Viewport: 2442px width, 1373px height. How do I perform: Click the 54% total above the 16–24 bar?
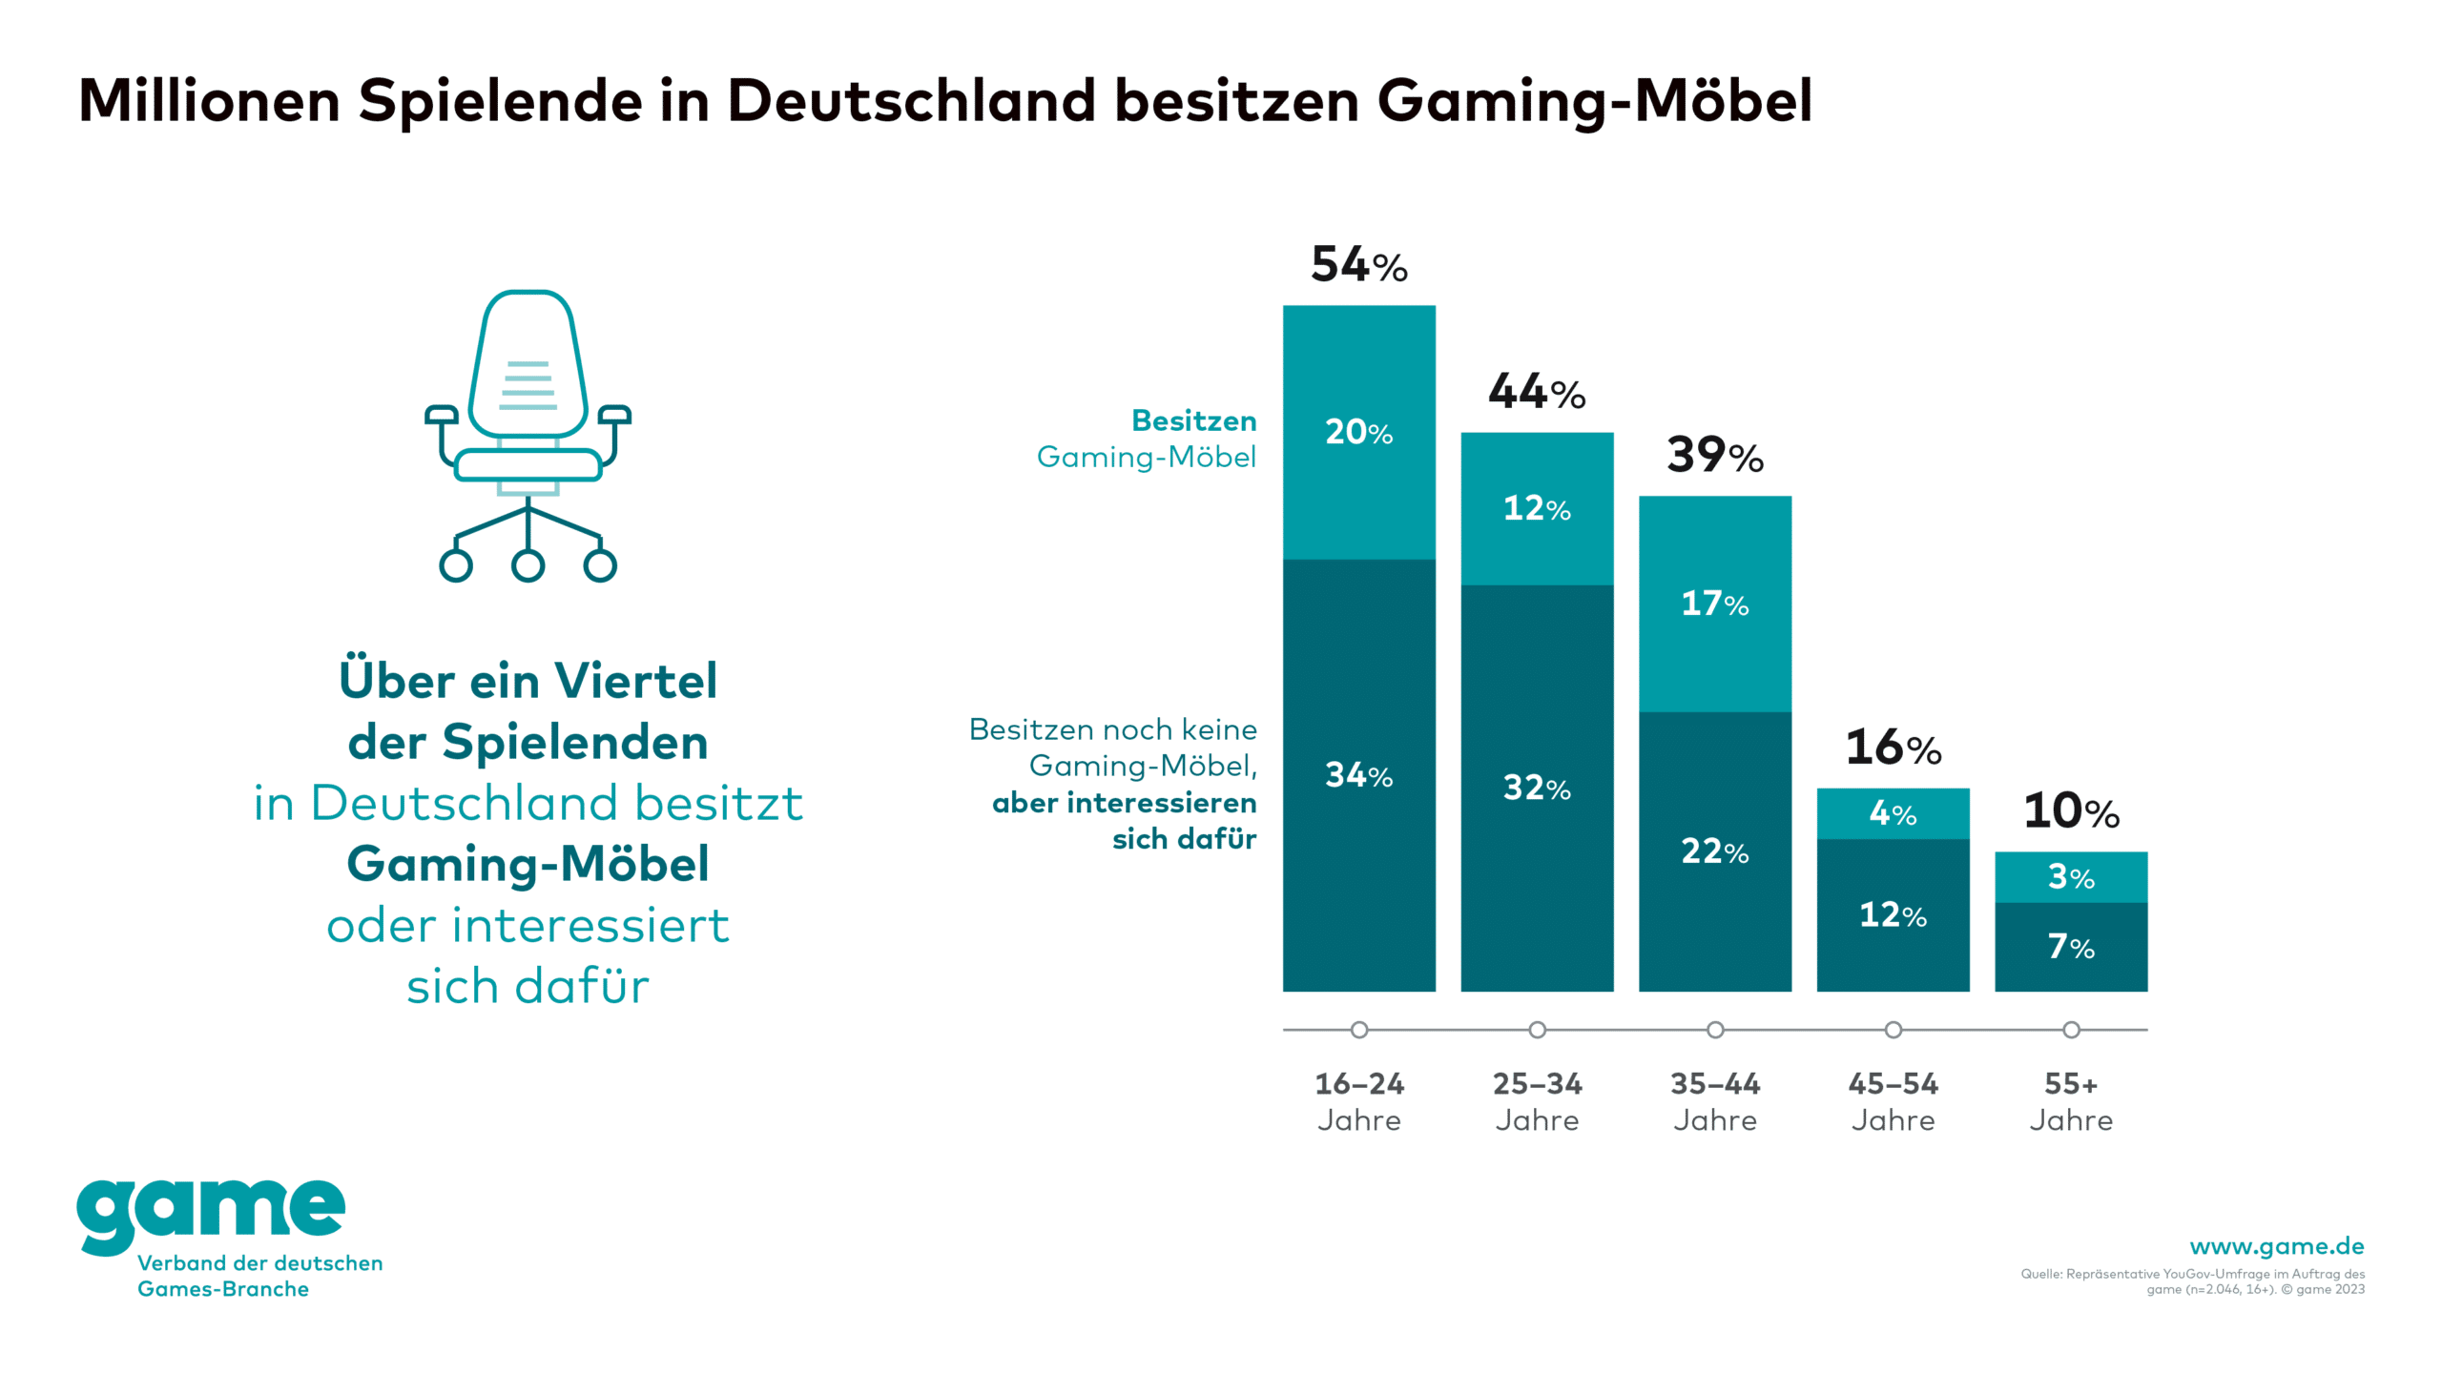tap(1358, 264)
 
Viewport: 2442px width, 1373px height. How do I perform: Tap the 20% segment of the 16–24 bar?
tap(1358, 432)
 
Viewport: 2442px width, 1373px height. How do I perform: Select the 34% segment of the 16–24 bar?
tap(1358, 775)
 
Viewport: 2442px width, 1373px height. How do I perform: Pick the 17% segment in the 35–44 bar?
tap(1714, 604)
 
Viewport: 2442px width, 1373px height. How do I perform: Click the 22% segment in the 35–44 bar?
tap(1714, 851)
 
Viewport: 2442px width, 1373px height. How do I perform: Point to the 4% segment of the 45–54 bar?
tap(1893, 813)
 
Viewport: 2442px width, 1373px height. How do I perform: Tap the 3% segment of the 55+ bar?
tap(2071, 877)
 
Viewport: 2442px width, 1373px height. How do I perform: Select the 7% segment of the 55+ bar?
tap(2071, 947)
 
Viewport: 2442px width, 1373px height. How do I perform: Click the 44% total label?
tap(1537, 392)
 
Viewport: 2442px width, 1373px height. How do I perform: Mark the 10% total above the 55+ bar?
tap(2071, 811)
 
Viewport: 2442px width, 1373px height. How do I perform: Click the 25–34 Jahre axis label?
tap(1537, 1101)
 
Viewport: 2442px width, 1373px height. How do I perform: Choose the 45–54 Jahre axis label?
tap(1893, 1101)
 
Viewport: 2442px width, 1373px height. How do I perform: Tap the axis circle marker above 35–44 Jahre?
tap(1715, 1030)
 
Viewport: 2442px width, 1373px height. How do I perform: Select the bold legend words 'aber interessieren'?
tap(1124, 803)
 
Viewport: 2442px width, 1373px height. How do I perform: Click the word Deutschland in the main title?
tap(911, 100)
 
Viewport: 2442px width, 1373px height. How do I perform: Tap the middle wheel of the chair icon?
tap(528, 565)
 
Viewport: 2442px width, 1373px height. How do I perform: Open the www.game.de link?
tap(2276, 1246)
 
